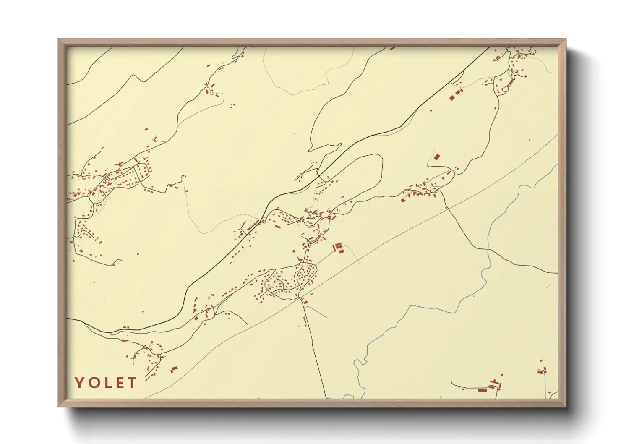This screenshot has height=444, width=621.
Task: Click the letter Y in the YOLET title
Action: pyautogui.click(x=80, y=382)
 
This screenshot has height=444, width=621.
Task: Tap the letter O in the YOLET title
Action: pyautogui.click(x=94, y=382)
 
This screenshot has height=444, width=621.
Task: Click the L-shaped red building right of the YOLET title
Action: pyautogui.click(x=174, y=369)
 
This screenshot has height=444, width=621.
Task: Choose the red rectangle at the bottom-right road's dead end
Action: pyautogui.click(x=540, y=371)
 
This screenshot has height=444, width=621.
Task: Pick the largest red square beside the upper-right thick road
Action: pyautogui.click(x=452, y=98)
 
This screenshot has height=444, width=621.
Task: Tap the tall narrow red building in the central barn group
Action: pyautogui.click(x=335, y=247)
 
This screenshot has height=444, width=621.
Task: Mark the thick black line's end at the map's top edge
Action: pyautogui.click(x=489, y=47)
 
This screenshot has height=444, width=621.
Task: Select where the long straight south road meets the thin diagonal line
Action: pyautogui.click(x=300, y=297)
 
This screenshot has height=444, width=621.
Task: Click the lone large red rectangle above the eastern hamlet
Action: pyautogui.click(x=437, y=157)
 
